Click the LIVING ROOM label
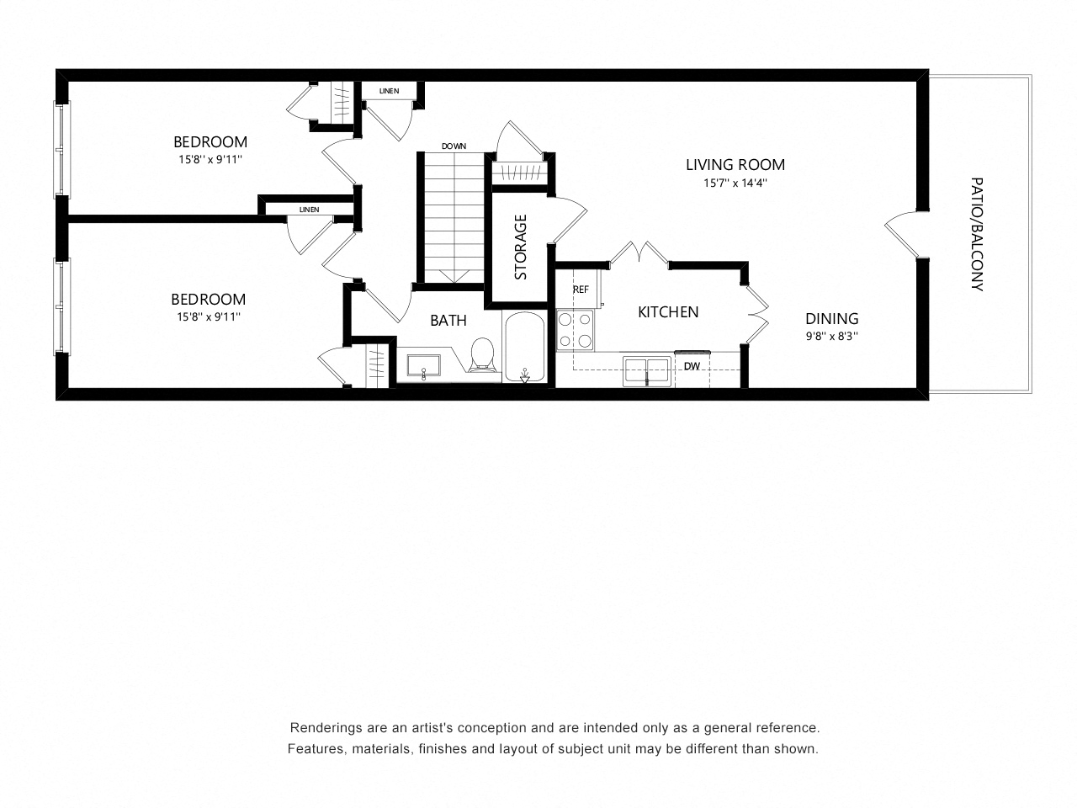coord(735,165)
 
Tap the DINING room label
coord(831,319)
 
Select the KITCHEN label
coord(668,312)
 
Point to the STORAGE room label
coord(520,247)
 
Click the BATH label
coord(448,321)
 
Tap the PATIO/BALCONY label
coord(977,235)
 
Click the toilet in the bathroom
coord(482,355)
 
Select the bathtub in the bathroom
coord(524,348)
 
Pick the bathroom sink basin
coord(423,365)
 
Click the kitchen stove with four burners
coord(575,330)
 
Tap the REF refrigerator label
coord(581,290)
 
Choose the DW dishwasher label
coord(692,366)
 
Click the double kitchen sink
coord(647,371)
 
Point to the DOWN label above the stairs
coord(454,146)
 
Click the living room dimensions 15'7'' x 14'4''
coord(735,183)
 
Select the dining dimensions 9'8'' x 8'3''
coord(831,337)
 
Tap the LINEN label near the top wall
coord(389,91)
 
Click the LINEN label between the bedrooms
coord(309,210)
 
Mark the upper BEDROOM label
coord(210,142)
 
